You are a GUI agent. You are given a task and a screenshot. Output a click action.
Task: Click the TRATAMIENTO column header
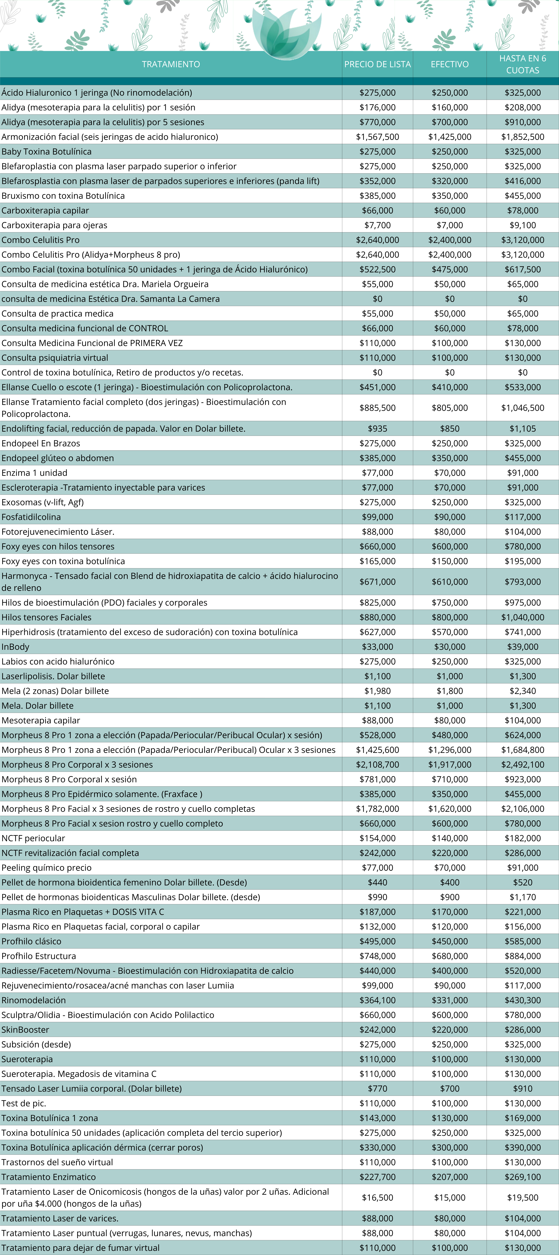pos(171,64)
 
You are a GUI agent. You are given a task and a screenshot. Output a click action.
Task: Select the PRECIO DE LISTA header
pos(377,64)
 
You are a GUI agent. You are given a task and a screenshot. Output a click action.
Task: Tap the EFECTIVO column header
pos(449,64)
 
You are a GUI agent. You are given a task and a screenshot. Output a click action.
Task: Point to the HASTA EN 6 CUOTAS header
pos(522,64)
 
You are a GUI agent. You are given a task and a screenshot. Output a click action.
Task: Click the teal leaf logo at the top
pos(287,34)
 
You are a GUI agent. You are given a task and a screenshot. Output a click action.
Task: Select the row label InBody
pos(16,646)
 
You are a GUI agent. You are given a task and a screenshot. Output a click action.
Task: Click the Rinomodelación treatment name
pos(34,1000)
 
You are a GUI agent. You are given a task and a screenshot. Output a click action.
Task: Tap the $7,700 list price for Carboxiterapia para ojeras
pos(377,225)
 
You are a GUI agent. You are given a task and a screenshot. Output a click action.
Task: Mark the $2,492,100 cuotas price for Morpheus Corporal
pos(522,764)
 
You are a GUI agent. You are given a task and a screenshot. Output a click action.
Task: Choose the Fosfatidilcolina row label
pos(31,517)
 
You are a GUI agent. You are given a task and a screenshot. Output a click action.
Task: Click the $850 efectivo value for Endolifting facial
pos(449,429)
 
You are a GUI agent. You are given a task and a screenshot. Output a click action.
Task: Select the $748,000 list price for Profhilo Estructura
pos(377,956)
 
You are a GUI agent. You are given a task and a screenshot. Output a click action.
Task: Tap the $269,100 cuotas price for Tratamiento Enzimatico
pos(522,1177)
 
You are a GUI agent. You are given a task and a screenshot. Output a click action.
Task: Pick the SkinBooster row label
pos(25,1029)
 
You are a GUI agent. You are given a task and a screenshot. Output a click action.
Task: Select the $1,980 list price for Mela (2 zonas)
pos(377,691)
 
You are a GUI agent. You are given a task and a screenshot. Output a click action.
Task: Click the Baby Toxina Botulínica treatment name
pos(46,151)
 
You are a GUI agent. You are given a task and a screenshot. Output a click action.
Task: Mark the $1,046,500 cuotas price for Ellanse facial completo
pos(522,408)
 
